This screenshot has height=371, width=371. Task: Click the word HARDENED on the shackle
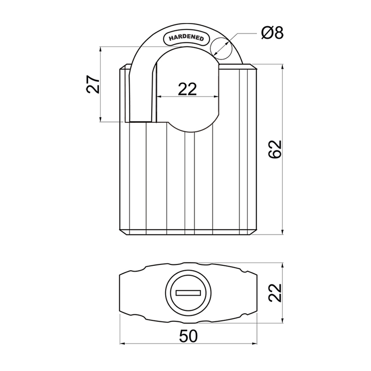click(186, 38)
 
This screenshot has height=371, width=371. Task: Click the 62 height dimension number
click(275, 149)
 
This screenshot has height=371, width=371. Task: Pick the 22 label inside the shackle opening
click(187, 89)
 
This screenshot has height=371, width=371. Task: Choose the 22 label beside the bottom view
click(275, 293)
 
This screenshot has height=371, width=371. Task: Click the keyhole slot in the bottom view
click(188, 293)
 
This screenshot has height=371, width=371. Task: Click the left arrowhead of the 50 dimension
click(122, 343)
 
